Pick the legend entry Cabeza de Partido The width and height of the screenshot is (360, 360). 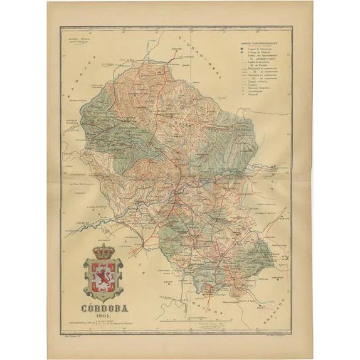click(258, 53)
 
